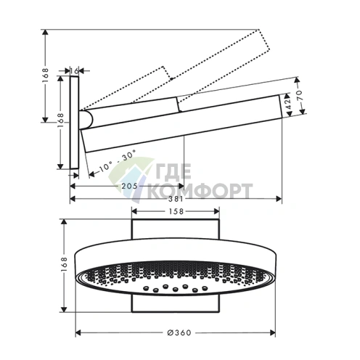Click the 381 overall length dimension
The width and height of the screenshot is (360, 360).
(176, 199)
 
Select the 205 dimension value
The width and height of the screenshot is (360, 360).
(129, 186)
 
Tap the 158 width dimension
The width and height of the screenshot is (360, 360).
(176, 211)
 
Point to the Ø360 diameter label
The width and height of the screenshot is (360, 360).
(179, 332)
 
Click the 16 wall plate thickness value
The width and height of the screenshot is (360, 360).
(74, 71)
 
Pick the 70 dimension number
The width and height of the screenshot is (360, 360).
(299, 95)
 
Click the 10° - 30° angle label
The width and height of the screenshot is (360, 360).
(118, 160)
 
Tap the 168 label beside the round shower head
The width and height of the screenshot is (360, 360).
(64, 265)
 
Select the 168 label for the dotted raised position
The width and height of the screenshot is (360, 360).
(46, 75)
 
